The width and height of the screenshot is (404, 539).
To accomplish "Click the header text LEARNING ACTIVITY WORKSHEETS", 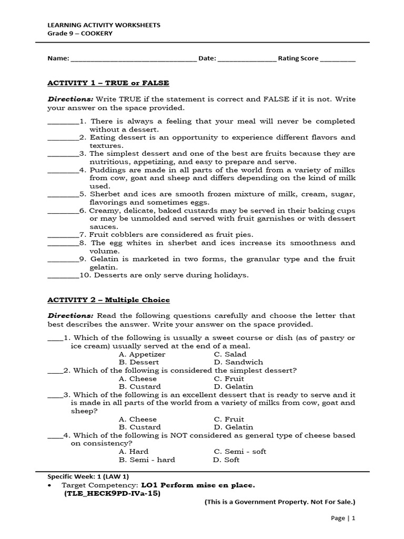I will coord(104,25).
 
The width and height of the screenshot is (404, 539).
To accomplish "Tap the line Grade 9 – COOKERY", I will coord(80,33).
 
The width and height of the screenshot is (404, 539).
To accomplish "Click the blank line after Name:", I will coord(133,59).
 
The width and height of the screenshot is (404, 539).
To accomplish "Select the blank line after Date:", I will coord(247,59).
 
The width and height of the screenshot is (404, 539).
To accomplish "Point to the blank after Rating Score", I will coord(338,59).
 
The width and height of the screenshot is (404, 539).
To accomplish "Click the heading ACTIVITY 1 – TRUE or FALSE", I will coord(108,83).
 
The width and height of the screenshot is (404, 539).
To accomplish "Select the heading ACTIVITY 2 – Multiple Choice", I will coord(109,300).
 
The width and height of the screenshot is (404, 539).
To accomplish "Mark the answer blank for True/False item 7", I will coord(63,235).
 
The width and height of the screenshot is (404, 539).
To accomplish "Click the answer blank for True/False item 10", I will coord(63,276).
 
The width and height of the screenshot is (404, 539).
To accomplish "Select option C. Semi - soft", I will coord(240,452).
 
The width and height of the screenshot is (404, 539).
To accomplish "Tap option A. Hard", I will coord(134,452).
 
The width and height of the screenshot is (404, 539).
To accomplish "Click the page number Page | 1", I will coord(343,518).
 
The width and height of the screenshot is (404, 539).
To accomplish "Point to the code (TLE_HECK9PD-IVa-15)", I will coord(112,494).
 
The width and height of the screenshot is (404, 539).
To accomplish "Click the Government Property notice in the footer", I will coord(280,502).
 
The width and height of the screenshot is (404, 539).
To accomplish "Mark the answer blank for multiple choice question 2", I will coord(55,371).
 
